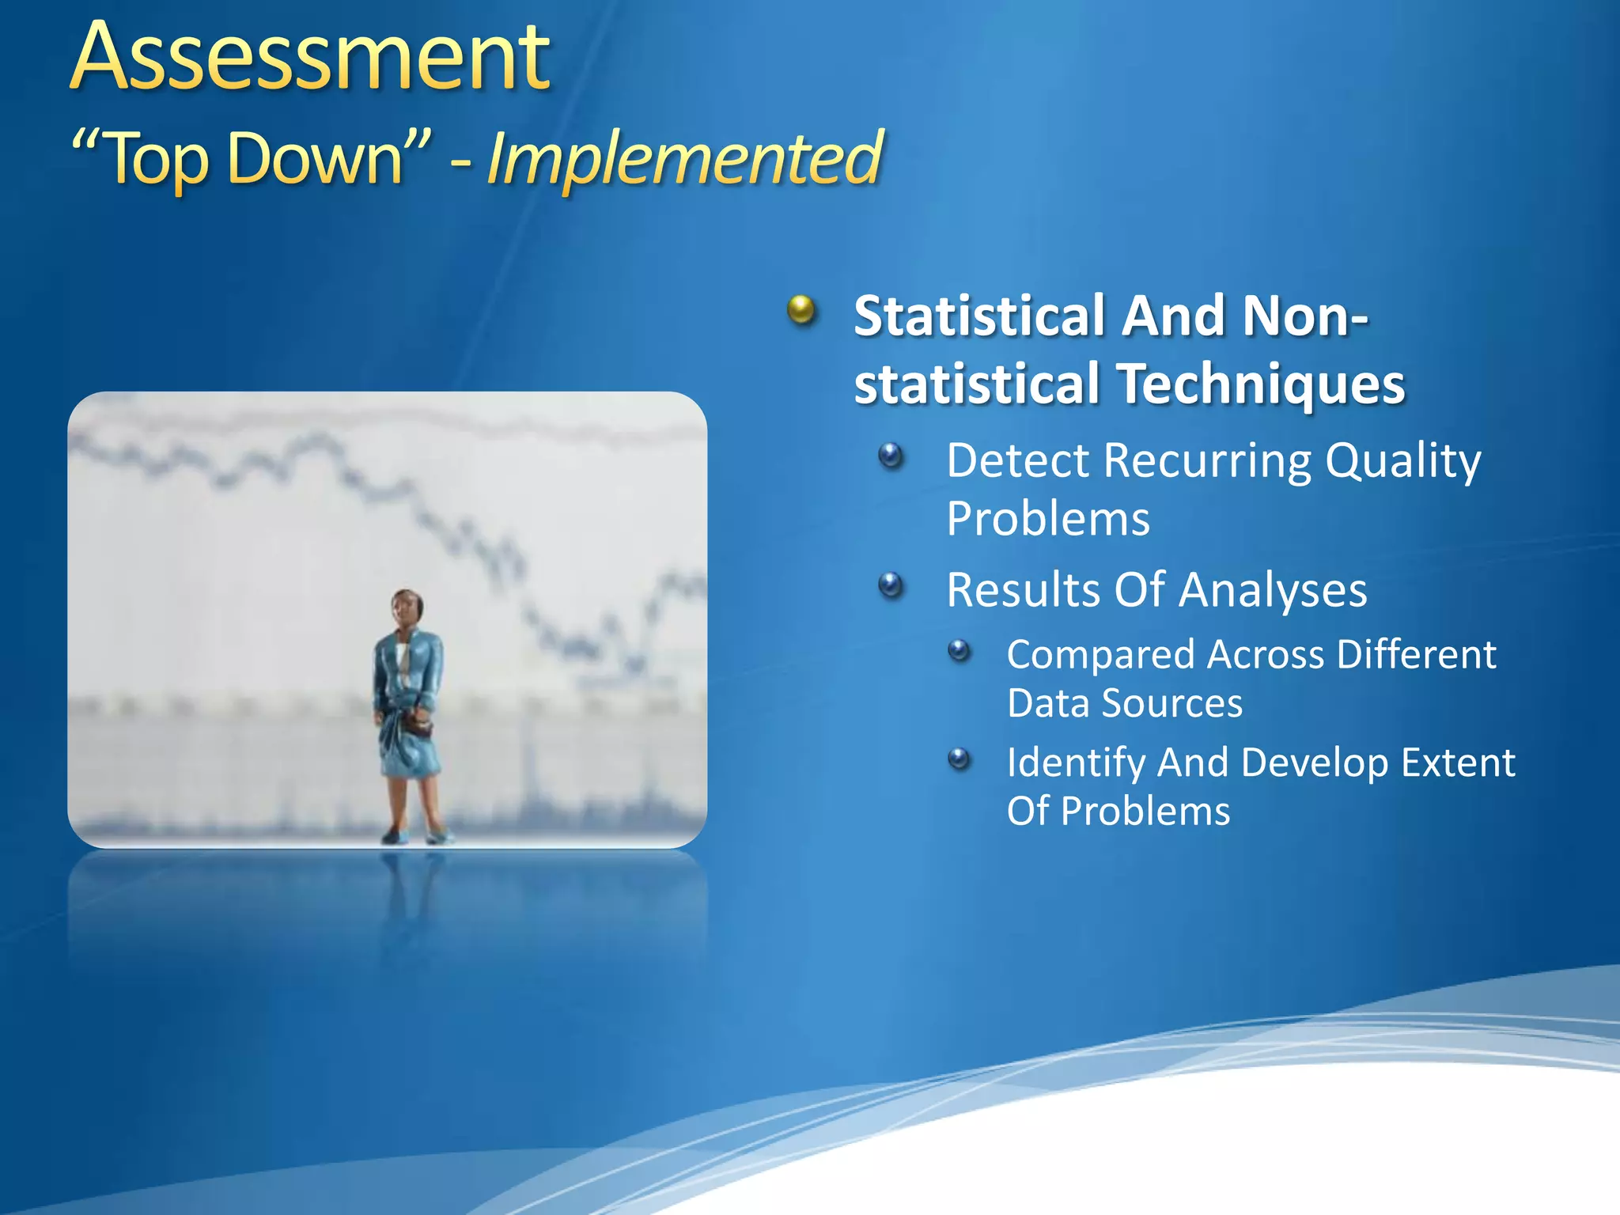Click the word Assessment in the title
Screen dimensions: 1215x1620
click(310, 57)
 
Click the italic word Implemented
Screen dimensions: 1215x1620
click(684, 158)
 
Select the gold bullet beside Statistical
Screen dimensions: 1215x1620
click(801, 310)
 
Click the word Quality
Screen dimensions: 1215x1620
click(1402, 460)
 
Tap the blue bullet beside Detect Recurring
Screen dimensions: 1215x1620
click(891, 456)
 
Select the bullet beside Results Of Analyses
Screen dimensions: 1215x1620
click(891, 585)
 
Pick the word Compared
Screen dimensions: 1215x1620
click(1100, 655)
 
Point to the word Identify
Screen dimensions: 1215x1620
click(1076, 763)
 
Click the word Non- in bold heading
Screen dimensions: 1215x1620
click(1305, 316)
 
